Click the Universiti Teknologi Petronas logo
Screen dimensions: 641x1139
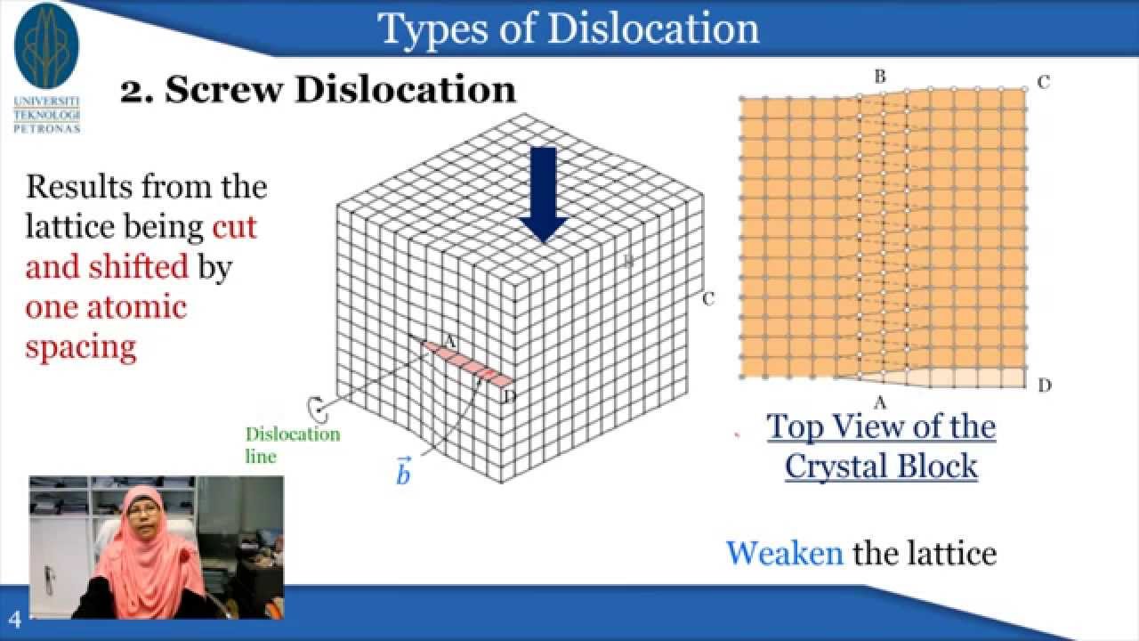click(47, 67)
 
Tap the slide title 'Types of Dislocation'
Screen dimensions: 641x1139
click(569, 28)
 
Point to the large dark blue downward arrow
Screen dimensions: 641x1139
click(543, 195)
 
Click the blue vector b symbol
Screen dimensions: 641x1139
click(403, 472)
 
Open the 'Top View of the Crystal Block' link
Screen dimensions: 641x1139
click(881, 446)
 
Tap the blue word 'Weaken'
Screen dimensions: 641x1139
click(784, 553)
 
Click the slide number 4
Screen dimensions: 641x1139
click(15, 620)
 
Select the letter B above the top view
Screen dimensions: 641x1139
click(880, 77)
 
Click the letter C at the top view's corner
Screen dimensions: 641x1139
click(1044, 82)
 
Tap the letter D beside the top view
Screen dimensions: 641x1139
click(1045, 385)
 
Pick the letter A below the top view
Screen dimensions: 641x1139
click(881, 403)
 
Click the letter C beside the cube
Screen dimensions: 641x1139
click(708, 299)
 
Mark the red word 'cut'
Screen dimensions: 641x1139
click(234, 226)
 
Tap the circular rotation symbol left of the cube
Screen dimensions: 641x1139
click(315, 408)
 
